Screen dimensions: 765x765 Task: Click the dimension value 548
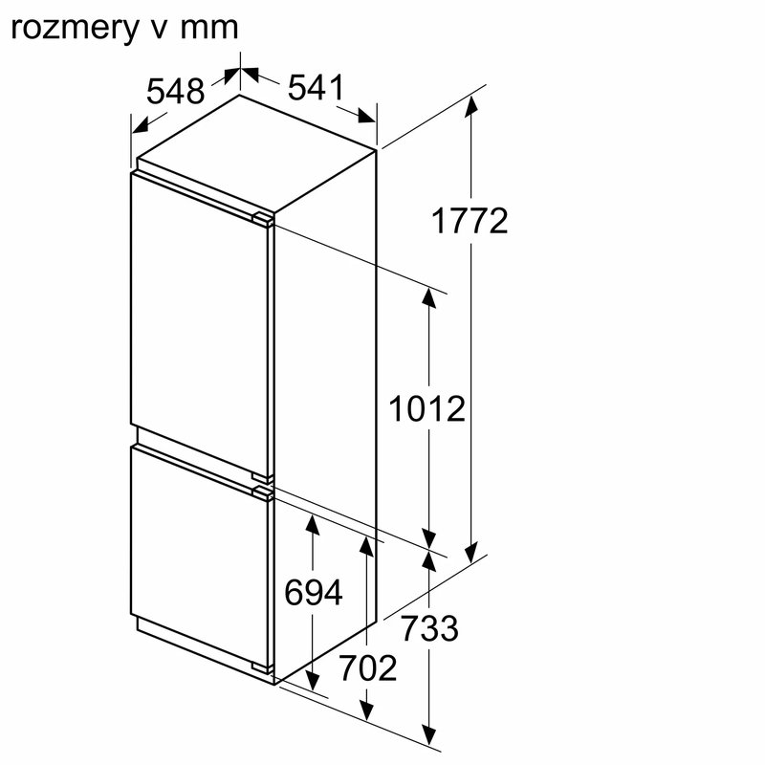tap(176, 91)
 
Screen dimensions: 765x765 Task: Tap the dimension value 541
tap(315, 89)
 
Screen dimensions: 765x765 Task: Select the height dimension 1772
tap(469, 222)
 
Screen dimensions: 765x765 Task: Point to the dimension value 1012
tap(426, 409)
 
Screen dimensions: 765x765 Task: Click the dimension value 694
tap(313, 594)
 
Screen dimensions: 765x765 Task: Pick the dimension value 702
tap(367, 668)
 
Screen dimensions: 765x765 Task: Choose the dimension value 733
tap(429, 629)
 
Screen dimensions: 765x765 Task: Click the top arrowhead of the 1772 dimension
tap(470, 105)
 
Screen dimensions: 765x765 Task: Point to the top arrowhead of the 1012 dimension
tap(429, 297)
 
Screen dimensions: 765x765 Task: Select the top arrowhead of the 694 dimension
tap(313, 524)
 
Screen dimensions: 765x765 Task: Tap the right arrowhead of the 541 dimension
tap(367, 118)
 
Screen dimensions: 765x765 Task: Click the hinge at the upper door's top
tap(261, 220)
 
